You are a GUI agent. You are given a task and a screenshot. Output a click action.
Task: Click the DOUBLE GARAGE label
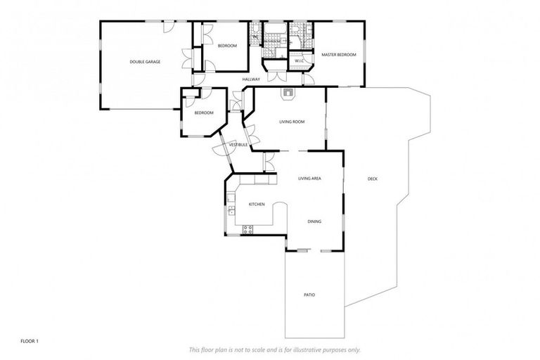[x=145, y=62]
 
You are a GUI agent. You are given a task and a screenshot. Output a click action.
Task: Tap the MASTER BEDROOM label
[x=339, y=55]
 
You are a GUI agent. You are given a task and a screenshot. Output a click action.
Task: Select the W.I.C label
[x=298, y=60]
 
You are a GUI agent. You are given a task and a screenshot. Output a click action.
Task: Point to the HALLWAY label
[x=251, y=79]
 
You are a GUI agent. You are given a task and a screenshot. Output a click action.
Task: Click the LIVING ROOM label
[x=292, y=122]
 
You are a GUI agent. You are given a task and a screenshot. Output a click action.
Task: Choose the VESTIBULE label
[x=238, y=145]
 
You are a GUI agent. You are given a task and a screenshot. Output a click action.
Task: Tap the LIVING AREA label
[x=309, y=179]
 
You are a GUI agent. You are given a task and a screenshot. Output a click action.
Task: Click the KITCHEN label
[x=256, y=205]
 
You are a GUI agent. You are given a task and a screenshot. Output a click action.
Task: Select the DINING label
[x=314, y=222]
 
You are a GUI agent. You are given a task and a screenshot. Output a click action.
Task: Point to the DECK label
[x=373, y=179]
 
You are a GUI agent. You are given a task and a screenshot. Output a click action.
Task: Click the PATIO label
[x=309, y=295]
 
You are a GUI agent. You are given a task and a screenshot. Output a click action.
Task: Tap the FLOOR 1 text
[x=30, y=342]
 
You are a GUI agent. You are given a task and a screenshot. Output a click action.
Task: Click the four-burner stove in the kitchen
[x=247, y=229]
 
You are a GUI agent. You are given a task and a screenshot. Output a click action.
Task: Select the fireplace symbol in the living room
[x=288, y=91]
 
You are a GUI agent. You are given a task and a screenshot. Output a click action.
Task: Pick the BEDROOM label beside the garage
[x=227, y=46]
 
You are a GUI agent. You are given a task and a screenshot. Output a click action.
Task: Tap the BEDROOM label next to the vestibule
[x=204, y=113]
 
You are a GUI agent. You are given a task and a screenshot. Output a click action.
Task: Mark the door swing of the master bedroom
[x=307, y=79]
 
